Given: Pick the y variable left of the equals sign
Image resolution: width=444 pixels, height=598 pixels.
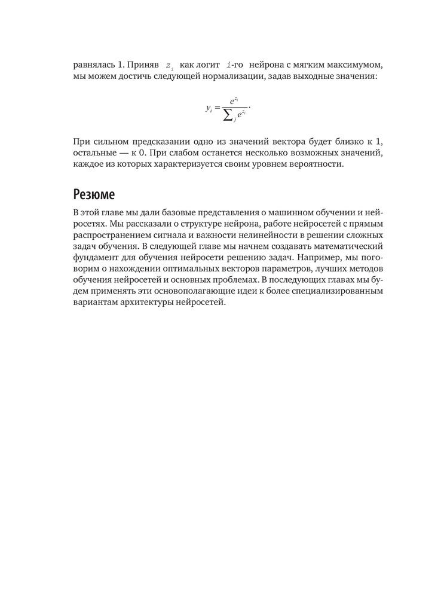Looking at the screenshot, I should coord(208,109).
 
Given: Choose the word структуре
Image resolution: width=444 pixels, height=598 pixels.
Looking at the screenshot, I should coord(185,224).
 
